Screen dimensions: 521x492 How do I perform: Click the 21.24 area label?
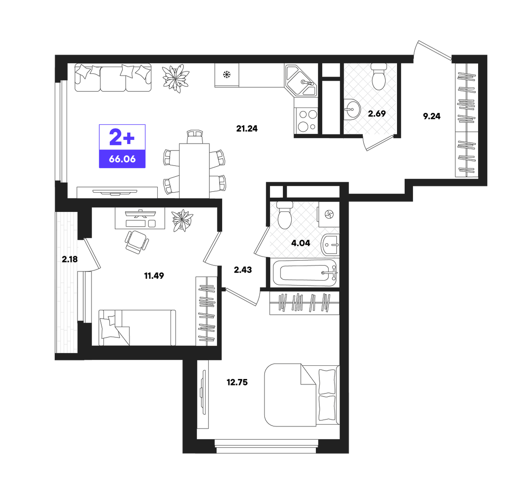(247, 128)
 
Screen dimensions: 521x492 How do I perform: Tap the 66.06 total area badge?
(122, 159)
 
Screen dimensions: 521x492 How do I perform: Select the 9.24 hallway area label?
(432, 116)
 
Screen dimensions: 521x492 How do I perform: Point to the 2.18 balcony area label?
(70, 259)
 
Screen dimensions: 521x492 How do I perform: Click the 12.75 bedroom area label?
(237, 383)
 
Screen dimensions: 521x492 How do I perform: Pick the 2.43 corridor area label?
(243, 270)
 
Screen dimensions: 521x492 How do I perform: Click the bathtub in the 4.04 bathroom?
(304, 273)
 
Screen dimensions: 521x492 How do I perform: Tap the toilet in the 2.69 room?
(379, 77)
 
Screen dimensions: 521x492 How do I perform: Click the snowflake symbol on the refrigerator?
(227, 75)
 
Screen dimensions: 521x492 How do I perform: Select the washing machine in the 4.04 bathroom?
(329, 214)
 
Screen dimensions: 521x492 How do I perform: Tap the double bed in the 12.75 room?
(302, 395)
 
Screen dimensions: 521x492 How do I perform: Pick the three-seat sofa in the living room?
(113, 78)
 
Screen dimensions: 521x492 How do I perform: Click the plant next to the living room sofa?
(176, 79)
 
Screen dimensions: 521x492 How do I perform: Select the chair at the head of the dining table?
(194, 137)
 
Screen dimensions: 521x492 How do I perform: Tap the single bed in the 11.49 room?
(137, 328)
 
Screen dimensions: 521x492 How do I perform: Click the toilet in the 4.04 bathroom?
(285, 215)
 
